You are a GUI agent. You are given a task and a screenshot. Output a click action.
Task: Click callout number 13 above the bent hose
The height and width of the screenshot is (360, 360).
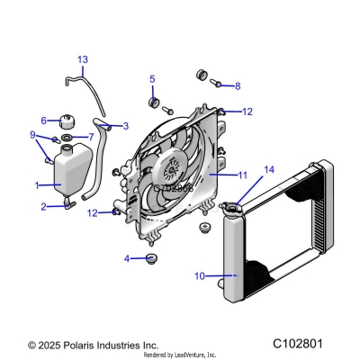click(x=82, y=60)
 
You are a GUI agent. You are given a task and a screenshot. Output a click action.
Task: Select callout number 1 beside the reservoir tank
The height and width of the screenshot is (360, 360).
click(x=37, y=185)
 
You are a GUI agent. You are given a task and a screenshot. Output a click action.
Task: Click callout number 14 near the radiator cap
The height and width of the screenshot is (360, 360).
click(x=267, y=169)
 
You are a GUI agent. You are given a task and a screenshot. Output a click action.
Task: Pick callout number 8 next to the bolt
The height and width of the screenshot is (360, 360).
click(x=237, y=86)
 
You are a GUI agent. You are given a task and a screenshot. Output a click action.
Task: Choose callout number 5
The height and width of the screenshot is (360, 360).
click(x=152, y=78)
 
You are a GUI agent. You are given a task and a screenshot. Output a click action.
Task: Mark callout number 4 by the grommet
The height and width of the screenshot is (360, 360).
click(x=127, y=259)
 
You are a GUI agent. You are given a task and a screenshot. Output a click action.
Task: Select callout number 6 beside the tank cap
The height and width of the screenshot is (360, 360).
click(x=43, y=120)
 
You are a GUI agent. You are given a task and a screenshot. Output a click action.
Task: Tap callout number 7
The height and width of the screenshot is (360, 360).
click(x=89, y=137)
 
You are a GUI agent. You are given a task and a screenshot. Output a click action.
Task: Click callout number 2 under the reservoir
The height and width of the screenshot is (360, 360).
click(x=43, y=207)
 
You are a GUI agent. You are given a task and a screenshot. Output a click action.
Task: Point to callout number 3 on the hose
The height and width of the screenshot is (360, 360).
click(x=125, y=126)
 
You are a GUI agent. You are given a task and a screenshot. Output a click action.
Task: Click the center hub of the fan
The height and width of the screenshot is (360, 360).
click(x=167, y=171)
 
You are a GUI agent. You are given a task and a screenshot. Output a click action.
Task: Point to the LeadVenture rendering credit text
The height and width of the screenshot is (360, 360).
click(x=180, y=355)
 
